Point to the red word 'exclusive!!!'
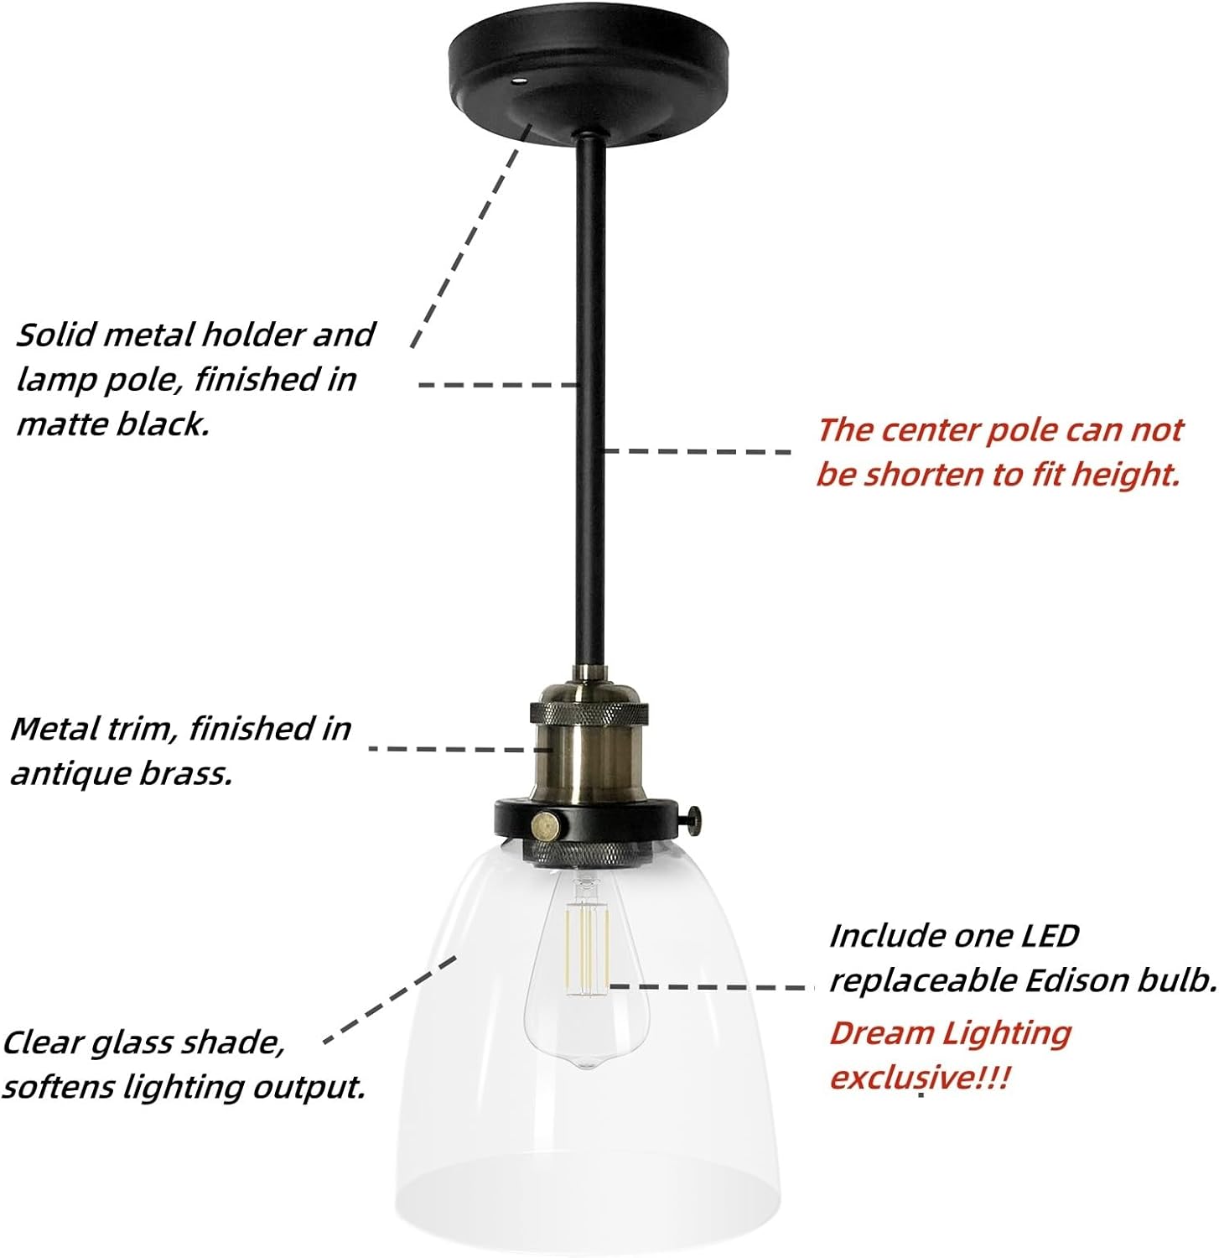(x=919, y=1076)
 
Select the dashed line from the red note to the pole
(x=696, y=451)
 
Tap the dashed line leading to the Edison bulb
(x=713, y=987)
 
